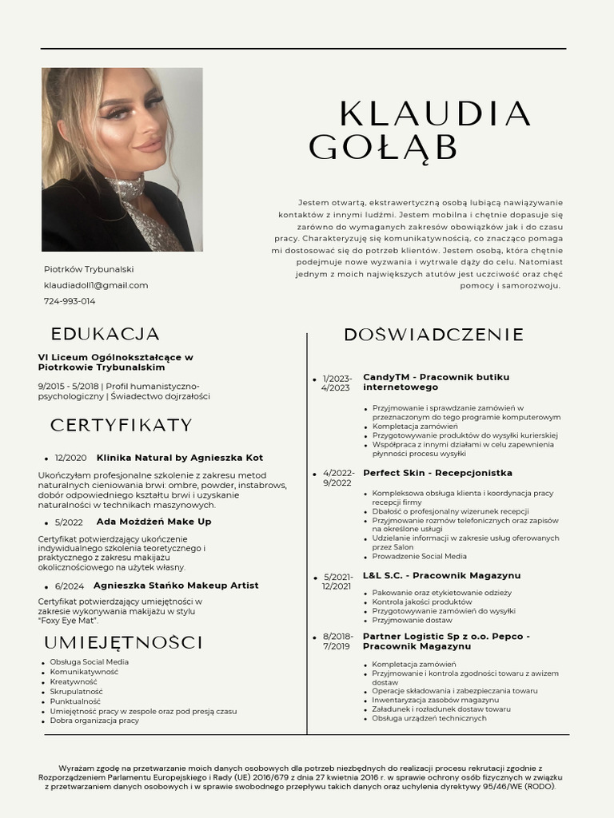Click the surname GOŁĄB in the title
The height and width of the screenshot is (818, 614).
point(383,148)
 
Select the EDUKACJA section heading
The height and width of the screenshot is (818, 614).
point(105,334)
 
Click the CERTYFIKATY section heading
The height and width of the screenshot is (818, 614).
point(122,425)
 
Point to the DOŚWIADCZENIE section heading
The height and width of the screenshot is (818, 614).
point(433,335)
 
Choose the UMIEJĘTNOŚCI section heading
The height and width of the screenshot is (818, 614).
point(123,643)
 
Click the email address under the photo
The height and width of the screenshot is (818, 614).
point(96,285)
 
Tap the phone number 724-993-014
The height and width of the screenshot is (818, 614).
point(70,301)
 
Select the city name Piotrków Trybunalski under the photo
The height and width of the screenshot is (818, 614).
point(89,269)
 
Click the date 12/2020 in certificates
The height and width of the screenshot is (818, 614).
point(70,458)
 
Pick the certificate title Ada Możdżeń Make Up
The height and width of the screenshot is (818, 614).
point(153,522)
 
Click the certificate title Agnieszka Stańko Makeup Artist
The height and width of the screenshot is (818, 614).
point(176,586)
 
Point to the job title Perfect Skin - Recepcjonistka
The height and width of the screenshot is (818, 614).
point(437,473)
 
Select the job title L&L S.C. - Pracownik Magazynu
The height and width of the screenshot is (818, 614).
point(441,575)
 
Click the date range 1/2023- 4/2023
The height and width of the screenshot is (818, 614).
point(337,383)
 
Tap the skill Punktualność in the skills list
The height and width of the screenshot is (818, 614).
point(75,701)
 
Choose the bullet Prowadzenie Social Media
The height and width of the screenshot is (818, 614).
point(419,556)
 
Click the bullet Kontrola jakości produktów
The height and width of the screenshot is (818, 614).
point(421,602)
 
